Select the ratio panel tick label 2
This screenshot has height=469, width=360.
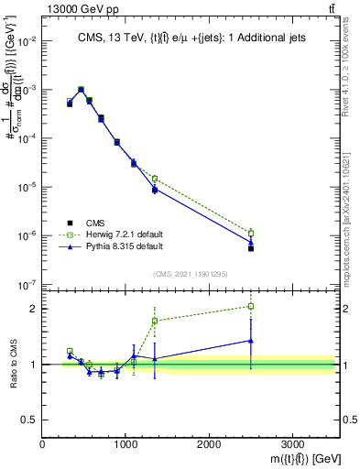pos(34,309)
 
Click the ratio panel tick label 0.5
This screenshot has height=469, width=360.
pos(30,420)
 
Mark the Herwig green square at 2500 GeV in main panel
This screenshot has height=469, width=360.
pos(251,233)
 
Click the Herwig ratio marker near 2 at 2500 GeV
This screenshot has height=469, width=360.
pos(251,306)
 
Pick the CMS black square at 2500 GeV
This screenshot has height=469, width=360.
pos(251,248)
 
